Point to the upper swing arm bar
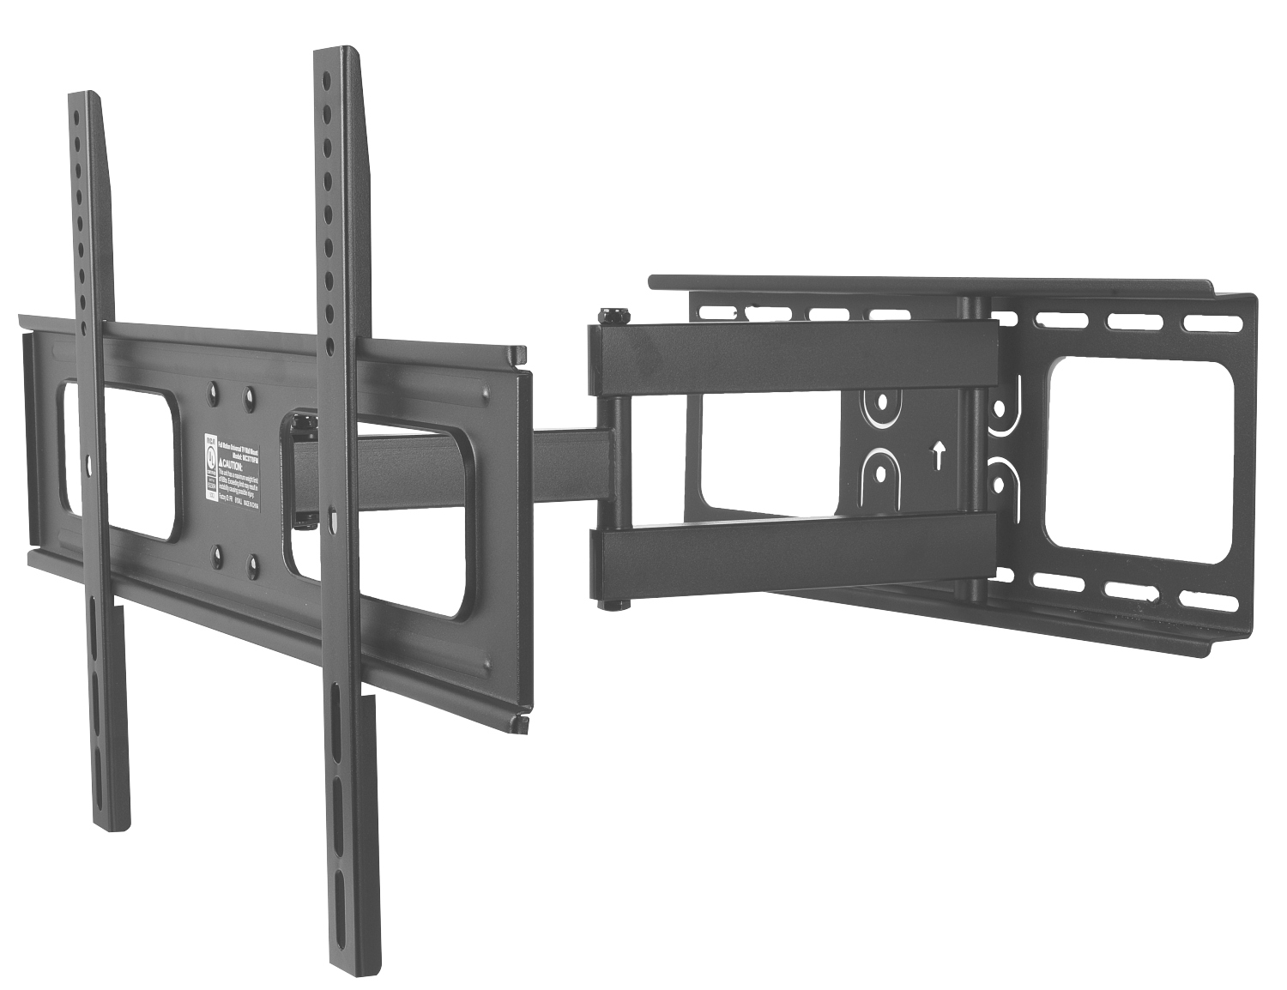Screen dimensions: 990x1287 point(789,351)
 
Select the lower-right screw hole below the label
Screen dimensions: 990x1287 point(253,564)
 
